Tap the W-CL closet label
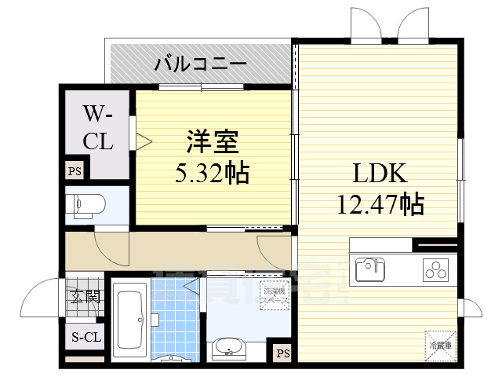coord(99,130)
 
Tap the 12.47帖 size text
coord(380,204)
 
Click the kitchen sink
coord(369,269)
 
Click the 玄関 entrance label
coord(85,296)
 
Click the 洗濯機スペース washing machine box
coord(274,295)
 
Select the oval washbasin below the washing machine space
coord(228,346)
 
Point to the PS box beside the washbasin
coord(282,353)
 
